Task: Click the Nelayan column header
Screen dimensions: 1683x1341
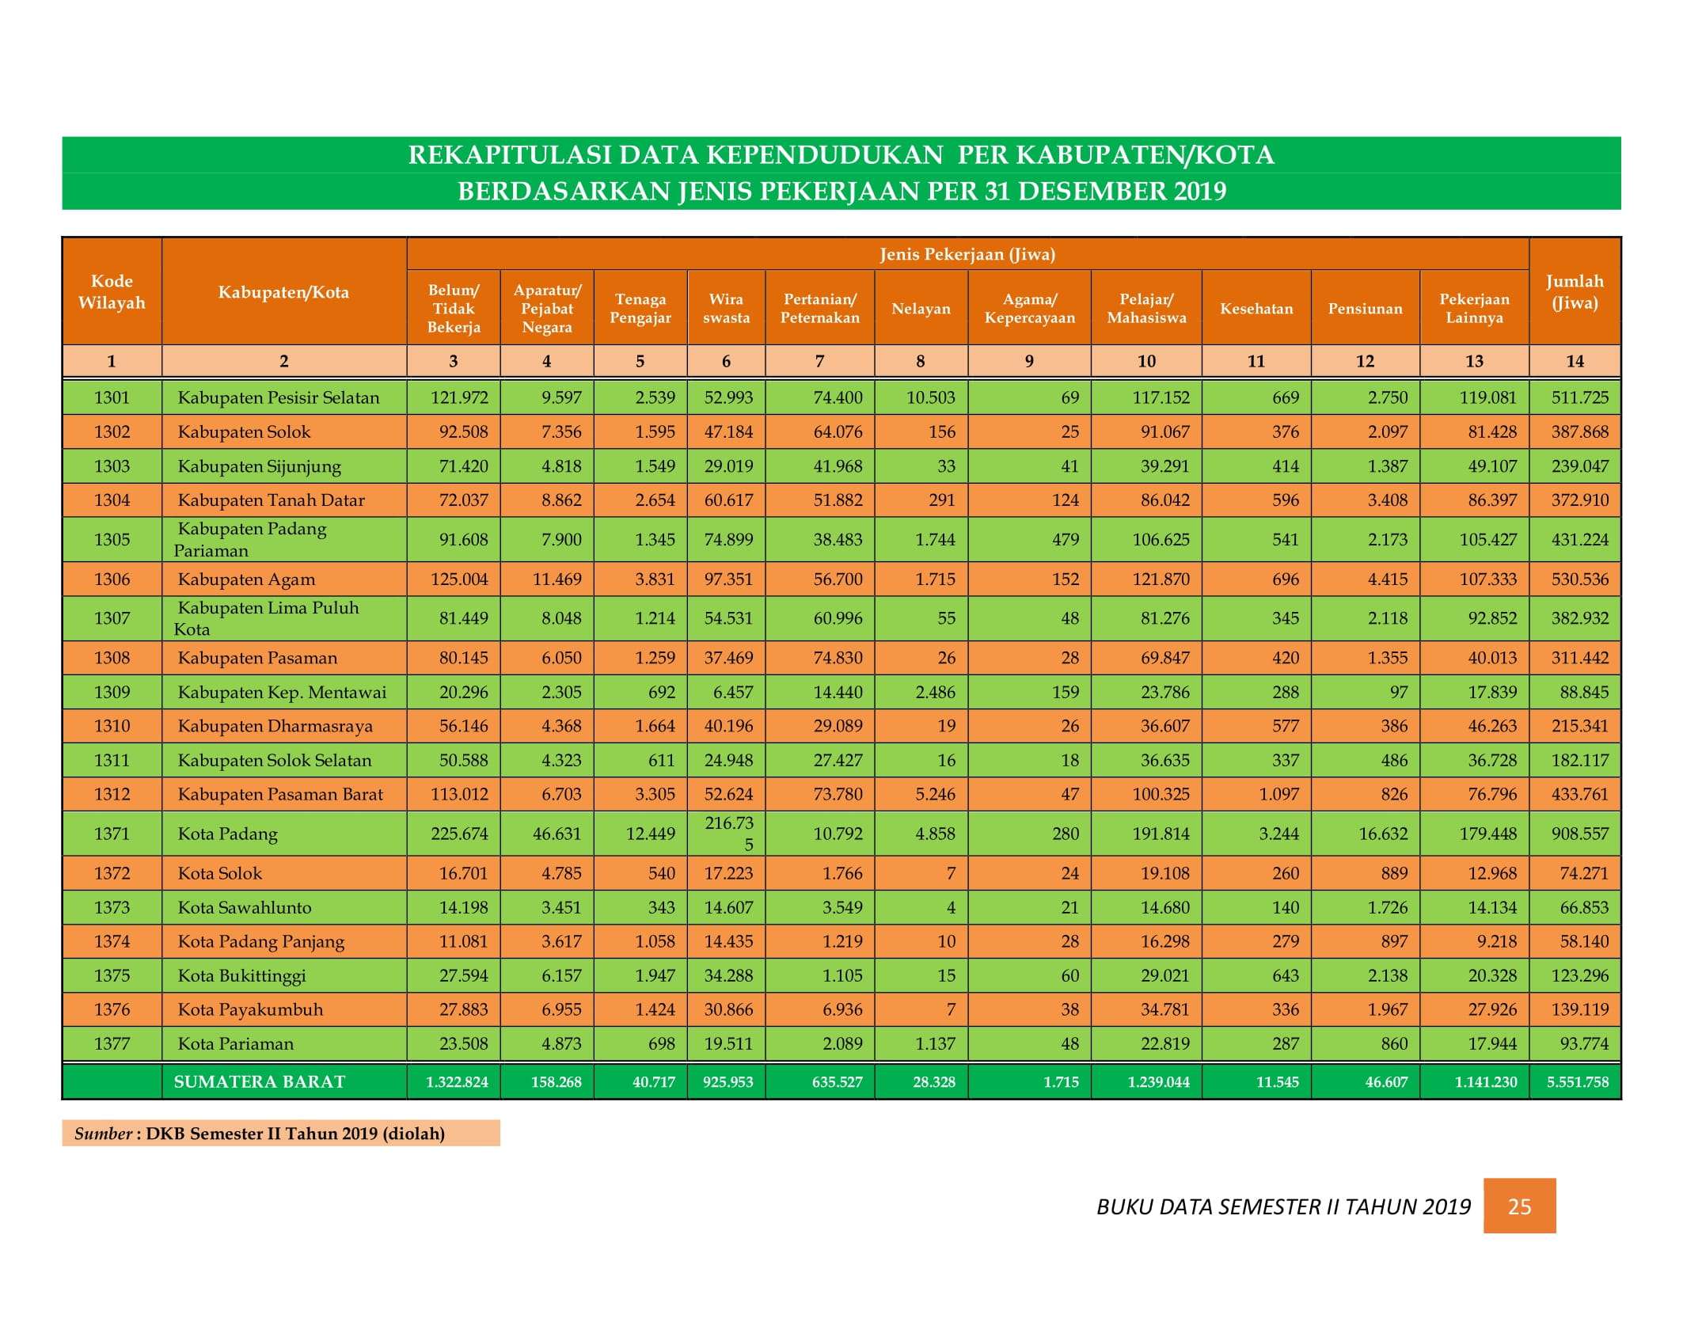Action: coord(921,309)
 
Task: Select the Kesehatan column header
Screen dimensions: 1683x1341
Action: coord(1256,309)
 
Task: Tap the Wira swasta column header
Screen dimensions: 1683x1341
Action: coord(726,309)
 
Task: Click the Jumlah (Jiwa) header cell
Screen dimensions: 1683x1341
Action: coord(1575,292)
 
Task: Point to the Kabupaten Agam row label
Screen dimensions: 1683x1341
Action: coord(246,579)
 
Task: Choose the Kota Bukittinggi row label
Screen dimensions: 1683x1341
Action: coord(241,976)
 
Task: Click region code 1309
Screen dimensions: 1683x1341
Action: coord(112,692)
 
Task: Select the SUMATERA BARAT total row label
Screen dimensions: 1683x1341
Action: coord(260,1082)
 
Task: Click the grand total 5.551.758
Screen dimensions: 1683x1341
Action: coord(1578,1082)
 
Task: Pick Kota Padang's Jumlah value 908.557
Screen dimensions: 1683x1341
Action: coord(1580,834)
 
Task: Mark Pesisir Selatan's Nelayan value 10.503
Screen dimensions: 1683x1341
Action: coord(931,397)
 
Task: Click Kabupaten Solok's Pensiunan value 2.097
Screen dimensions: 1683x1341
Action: coord(1388,432)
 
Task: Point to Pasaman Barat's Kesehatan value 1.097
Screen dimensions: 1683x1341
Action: coord(1279,794)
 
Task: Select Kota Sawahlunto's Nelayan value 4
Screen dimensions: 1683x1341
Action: coord(951,907)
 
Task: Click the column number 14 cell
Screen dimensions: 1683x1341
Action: coord(1575,361)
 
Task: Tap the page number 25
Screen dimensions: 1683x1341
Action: coord(1519,1206)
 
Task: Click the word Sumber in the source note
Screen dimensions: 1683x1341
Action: coord(103,1134)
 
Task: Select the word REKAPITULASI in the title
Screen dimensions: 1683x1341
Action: coord(510,155)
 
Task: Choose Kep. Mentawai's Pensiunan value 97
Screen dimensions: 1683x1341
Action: coord(1398,692)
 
